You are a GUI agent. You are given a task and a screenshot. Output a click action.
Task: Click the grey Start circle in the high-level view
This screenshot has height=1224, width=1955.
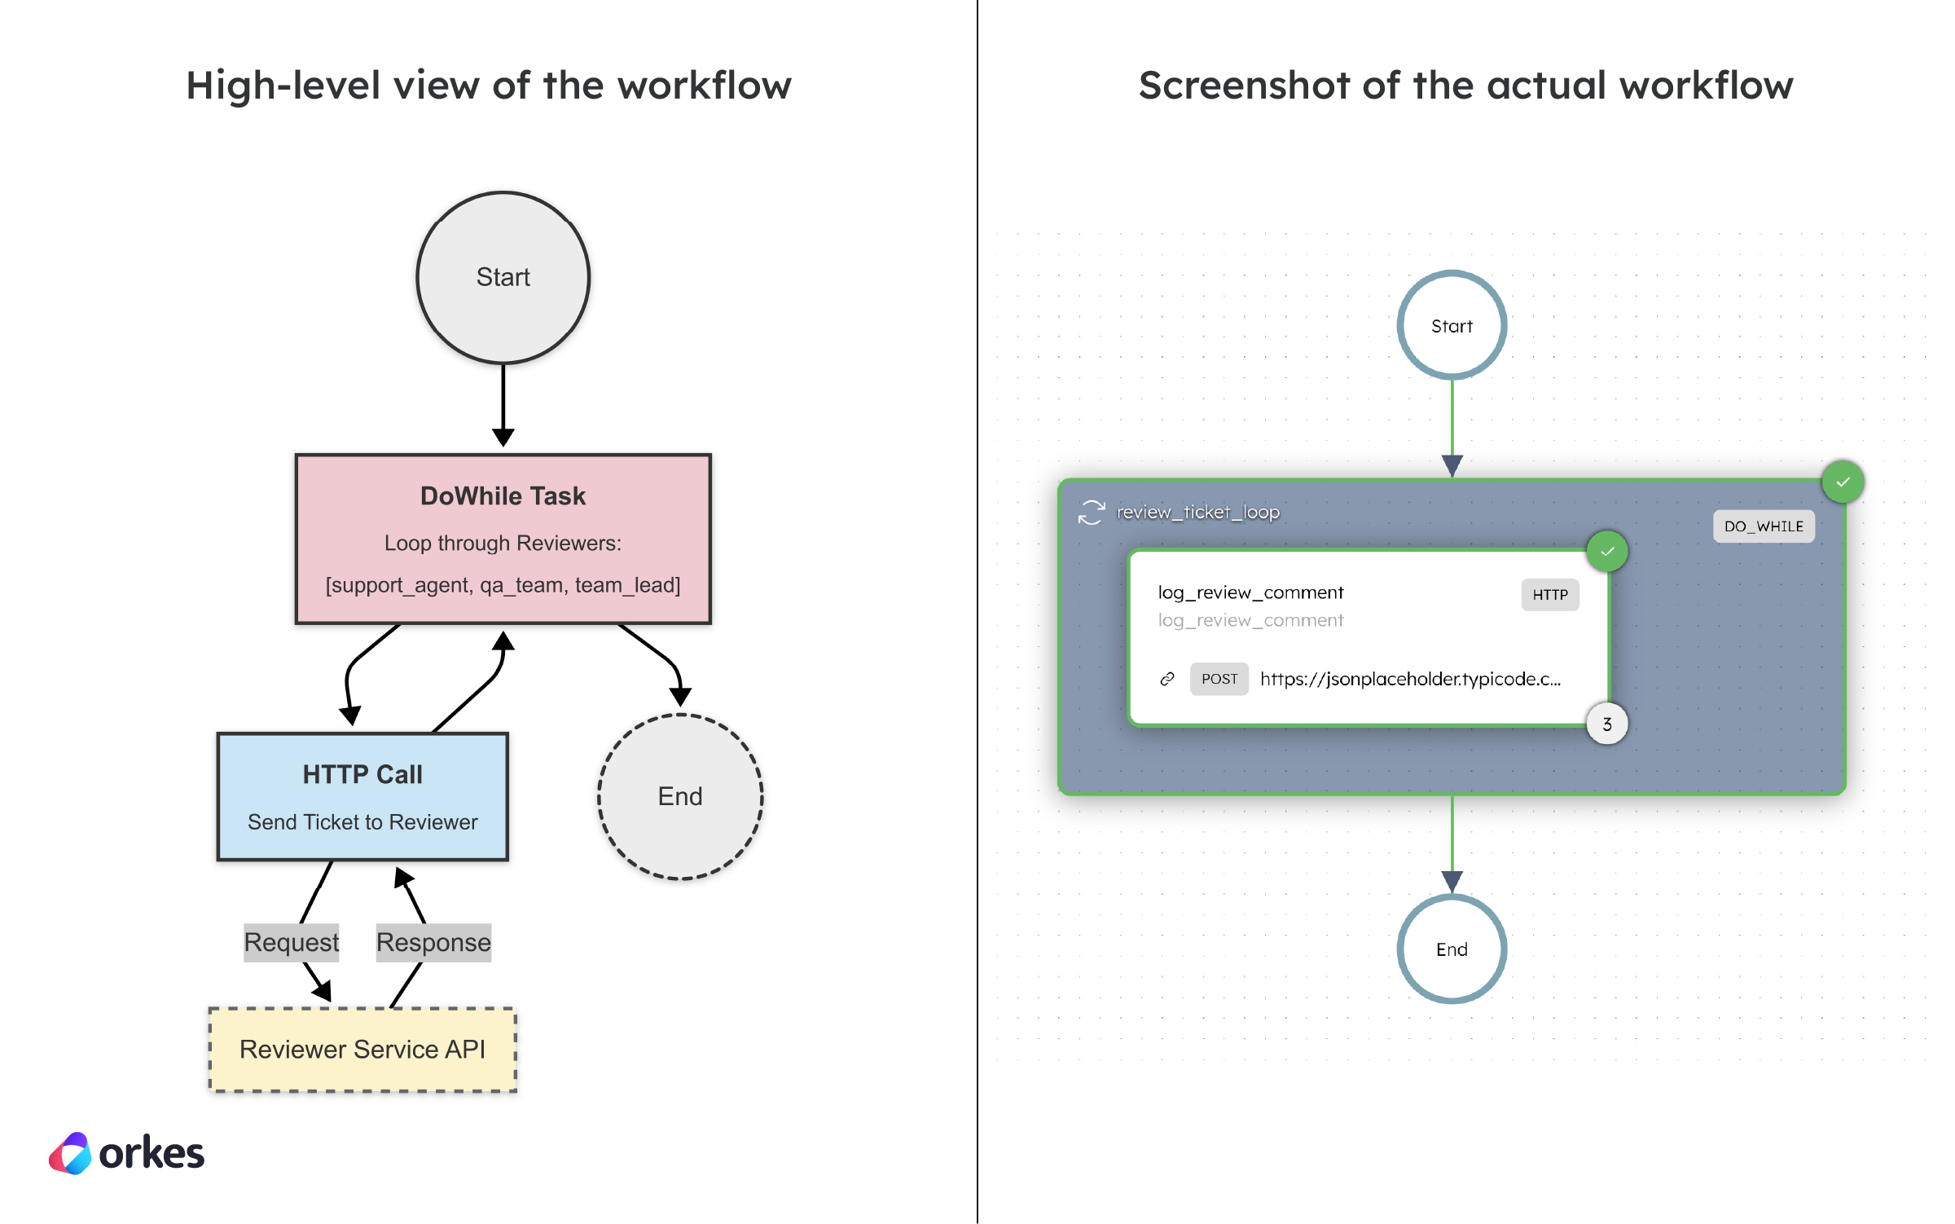503,277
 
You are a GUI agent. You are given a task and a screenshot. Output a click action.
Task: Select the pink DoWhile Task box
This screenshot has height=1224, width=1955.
503,539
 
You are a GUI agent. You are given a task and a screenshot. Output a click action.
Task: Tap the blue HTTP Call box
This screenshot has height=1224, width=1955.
362,796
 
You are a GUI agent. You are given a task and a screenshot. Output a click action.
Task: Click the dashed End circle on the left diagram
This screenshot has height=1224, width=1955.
680,796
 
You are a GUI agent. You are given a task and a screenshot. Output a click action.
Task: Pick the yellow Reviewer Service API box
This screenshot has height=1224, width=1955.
362,1049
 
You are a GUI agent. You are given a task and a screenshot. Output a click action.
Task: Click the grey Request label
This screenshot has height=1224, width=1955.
291,942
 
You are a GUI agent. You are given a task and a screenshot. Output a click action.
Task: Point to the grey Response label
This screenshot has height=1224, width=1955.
433,942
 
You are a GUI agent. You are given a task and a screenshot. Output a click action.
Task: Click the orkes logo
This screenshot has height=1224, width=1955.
126,1153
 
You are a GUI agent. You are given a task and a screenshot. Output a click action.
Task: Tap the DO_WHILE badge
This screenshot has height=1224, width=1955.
1764,526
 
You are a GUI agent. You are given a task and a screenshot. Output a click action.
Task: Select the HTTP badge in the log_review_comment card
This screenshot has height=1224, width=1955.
1549,595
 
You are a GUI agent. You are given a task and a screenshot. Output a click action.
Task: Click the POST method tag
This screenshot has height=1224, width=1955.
1219,679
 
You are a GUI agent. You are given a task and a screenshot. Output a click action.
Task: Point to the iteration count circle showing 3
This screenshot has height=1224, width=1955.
1606,724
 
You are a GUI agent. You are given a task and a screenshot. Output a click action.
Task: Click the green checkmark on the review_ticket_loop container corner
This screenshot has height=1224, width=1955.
1843,482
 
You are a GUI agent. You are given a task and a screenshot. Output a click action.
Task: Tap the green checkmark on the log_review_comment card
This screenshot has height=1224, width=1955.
1606,552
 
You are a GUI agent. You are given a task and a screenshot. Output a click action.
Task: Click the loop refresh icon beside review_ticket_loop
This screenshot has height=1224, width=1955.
1091,513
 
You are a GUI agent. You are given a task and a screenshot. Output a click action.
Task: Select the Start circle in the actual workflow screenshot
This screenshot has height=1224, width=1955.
1452,325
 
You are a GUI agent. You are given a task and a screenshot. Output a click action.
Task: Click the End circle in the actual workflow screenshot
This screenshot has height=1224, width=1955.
1452,949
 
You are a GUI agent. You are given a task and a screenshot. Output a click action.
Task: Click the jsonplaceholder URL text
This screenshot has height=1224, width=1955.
1410,679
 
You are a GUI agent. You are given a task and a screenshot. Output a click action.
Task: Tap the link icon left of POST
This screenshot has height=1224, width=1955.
1167,679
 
